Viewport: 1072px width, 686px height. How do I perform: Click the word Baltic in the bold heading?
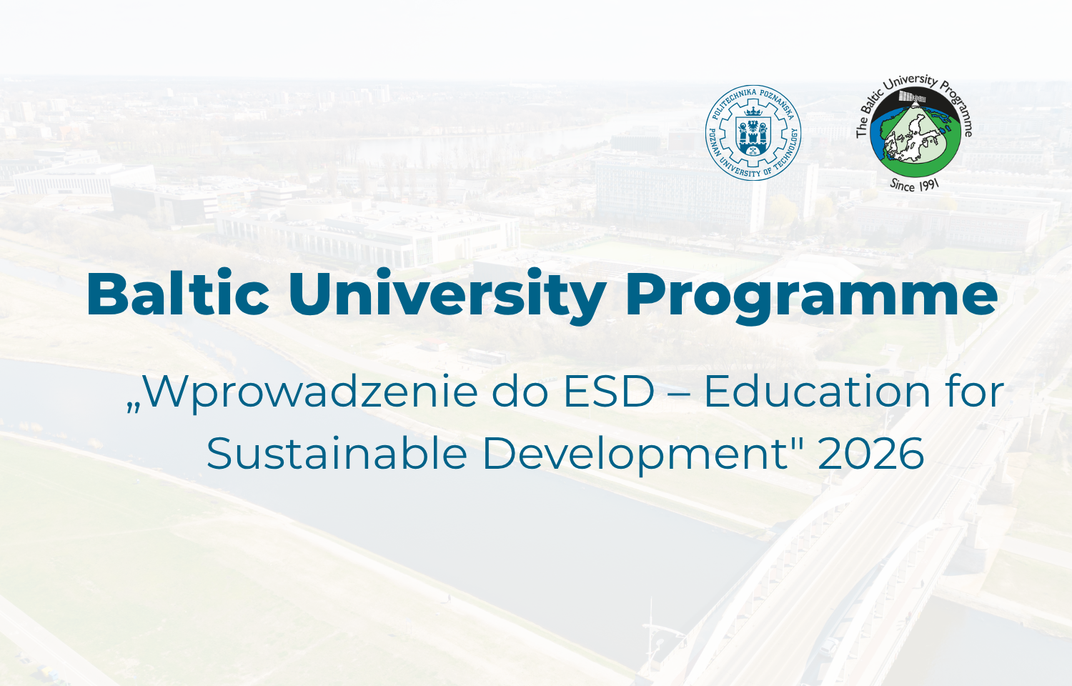coord(177,294)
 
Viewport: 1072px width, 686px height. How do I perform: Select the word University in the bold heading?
coord(447,297)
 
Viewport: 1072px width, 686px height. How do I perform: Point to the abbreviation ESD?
coord(608,392)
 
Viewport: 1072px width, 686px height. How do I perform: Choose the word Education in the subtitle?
coord(818,392)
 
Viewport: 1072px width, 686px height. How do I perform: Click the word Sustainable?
coord(337,454)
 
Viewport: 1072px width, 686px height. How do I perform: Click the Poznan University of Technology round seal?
coord(753,132)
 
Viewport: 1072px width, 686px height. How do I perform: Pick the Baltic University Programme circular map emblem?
coord(915,132)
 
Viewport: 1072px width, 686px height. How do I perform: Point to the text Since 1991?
coord(915,185)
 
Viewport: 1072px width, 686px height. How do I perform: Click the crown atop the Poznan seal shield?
coord(754,111)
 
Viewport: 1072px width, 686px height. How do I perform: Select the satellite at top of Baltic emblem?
coord(912,97)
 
